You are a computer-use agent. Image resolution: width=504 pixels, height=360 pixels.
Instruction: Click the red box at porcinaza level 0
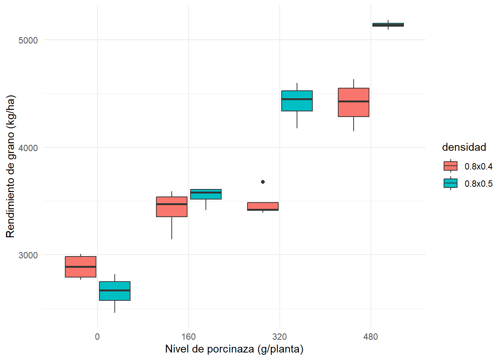pos(81,267)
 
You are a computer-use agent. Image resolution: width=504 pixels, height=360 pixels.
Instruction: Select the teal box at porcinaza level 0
pos(115,291)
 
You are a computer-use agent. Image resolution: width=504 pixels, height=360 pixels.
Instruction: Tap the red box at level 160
pos(172,207)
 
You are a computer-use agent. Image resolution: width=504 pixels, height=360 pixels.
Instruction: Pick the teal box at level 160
pos(206,194)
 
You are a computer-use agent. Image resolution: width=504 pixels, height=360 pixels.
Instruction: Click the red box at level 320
pos(263,206)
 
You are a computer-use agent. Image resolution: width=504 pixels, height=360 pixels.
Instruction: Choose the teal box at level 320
pos(297,101)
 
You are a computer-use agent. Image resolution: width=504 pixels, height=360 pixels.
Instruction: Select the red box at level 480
pos(354,102)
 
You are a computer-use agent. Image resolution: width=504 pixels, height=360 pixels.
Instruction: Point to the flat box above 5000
pos(388,25)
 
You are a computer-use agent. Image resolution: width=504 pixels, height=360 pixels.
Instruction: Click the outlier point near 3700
pos(263,182)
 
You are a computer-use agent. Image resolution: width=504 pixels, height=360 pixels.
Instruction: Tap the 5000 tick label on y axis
pos(28,40)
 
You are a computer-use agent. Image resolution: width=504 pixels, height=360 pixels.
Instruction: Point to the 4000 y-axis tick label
pos(28,148)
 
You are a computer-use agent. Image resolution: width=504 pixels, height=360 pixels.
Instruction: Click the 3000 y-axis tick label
pos(28,255)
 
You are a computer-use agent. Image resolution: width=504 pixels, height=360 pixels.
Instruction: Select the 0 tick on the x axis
pos(97,337)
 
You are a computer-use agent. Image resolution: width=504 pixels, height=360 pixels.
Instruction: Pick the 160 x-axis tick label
pos(189,337)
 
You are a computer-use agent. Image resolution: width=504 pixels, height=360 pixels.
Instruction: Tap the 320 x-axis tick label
pos(280,337)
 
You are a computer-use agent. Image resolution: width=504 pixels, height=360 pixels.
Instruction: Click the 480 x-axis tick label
pos(370,337)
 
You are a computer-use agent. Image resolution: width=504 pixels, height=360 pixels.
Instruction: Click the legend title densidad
pos(464,147)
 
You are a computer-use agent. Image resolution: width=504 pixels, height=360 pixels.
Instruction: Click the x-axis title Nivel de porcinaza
pos(234,349)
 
